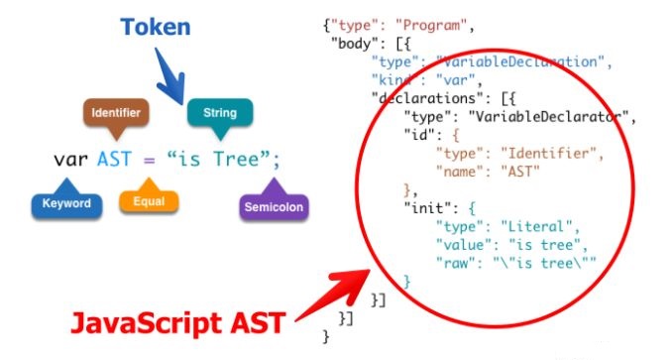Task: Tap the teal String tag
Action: tap(220, 112)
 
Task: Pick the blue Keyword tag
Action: tap(66, 204)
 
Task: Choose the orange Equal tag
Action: tap(148, 202)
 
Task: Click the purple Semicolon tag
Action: tap(274, 207)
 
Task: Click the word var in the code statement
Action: tap(70, 159)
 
